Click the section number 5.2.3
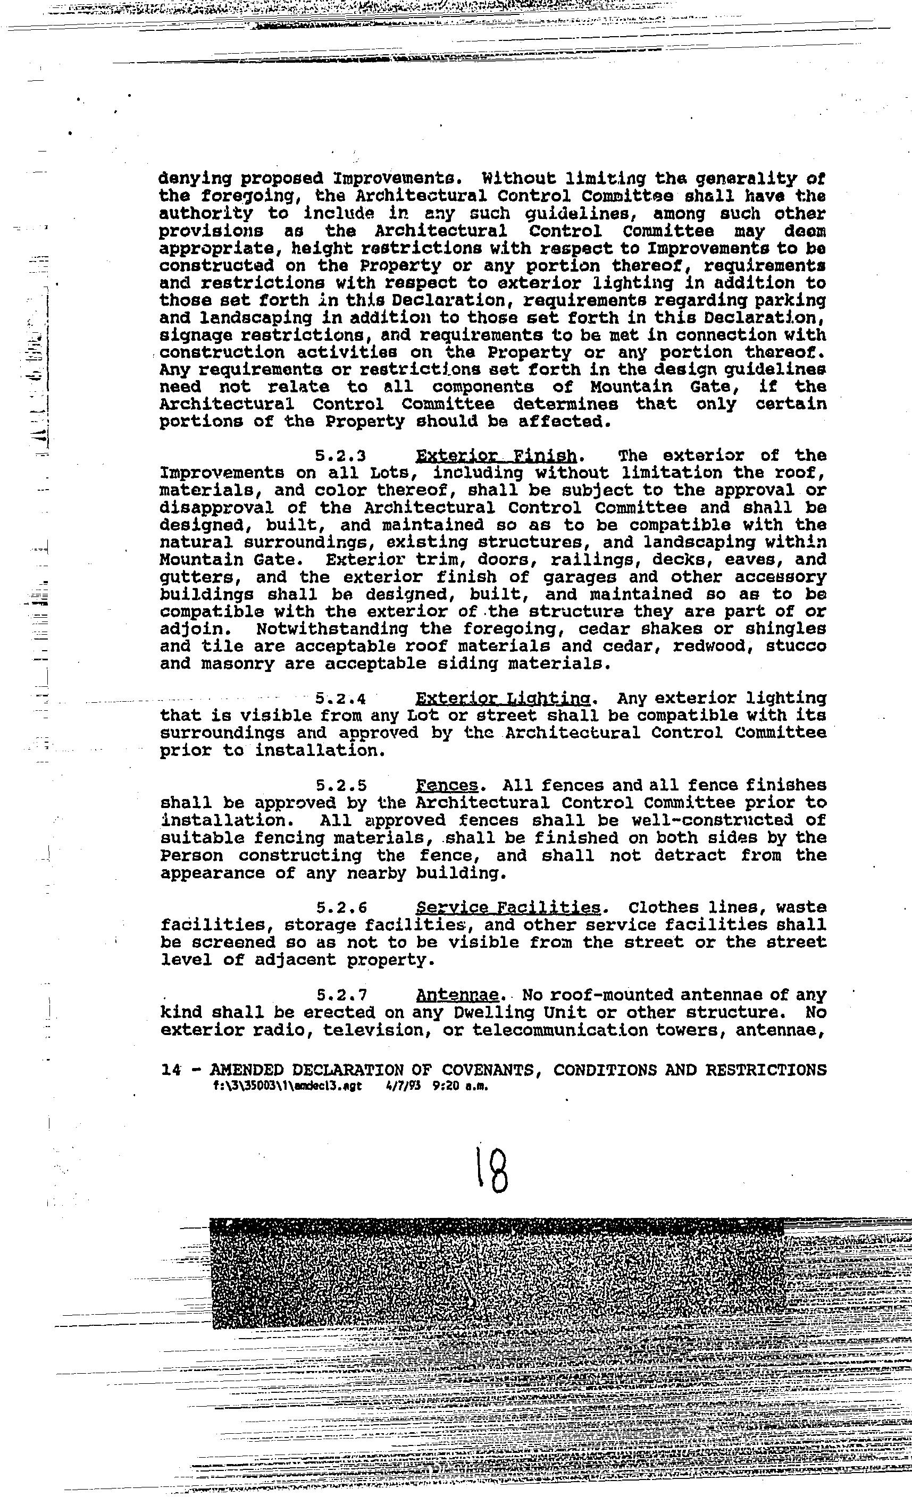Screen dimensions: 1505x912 click(x=340, y=456)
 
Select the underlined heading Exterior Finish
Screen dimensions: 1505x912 click(x=496, y=456)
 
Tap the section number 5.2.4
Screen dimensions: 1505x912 click(x=340, y=699)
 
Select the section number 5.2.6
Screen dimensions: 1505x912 click(x=341, y=908)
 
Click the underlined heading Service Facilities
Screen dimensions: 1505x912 click(x=508, y=908)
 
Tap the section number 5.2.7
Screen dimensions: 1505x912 click(x=341, y=996)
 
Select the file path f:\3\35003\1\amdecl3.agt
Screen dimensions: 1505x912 click(x=287, y=1086)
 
